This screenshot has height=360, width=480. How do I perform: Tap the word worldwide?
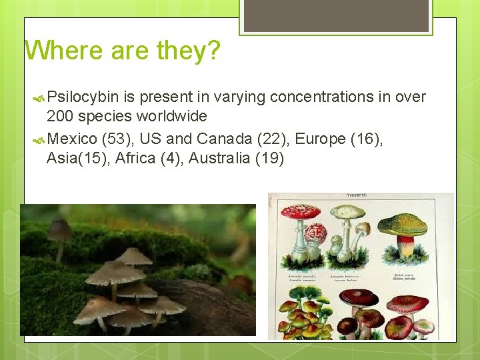(x=172, y=117)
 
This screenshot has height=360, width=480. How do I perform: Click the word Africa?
(x=136, y=159)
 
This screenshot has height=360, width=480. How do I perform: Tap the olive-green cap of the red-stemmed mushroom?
(x=402, y=224)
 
